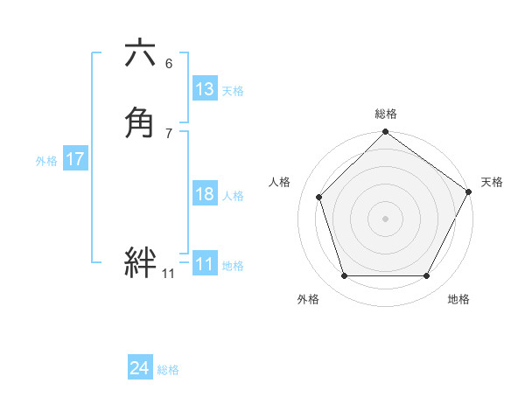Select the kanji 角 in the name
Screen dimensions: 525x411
140,122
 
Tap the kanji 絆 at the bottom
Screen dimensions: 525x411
140,262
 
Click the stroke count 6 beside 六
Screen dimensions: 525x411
169,63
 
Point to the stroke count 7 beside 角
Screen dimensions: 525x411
169,132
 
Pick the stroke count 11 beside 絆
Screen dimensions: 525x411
168,274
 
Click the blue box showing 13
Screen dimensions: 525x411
204,89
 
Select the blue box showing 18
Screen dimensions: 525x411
204,194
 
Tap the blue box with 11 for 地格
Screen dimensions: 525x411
204,264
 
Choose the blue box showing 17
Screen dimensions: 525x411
74,159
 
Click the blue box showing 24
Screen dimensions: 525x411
139,368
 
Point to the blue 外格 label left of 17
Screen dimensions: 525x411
46,161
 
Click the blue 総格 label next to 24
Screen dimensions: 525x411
168,370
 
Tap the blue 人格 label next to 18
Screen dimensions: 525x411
233,196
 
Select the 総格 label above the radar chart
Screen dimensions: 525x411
386,114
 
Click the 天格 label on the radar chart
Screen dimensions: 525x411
492,182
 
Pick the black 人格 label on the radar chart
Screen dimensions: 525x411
279,182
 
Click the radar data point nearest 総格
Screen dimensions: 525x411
385,133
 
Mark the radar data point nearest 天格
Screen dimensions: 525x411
468,192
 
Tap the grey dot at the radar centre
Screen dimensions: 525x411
385,218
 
